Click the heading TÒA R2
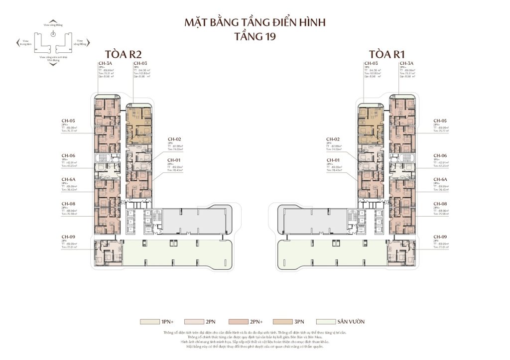122,54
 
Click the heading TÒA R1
386,54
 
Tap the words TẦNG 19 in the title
255,36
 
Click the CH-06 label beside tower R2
68,155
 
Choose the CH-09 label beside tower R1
440,236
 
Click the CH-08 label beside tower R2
68,204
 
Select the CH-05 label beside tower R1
440,120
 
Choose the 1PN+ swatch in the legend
148,322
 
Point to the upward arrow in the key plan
53,20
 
